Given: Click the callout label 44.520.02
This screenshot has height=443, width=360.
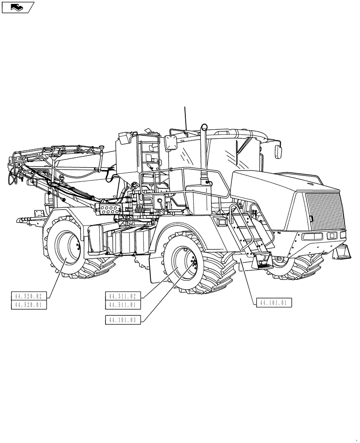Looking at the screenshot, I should (29, 296).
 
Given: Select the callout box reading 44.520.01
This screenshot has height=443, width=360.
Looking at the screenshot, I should (29, 305).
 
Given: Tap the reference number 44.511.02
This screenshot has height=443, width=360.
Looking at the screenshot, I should (123, 296).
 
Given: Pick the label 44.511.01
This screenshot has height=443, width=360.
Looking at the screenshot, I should (123, 305).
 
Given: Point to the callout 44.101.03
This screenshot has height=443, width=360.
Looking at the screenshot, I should (123, 319).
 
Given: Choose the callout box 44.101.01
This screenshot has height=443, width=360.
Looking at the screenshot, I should (274, 303).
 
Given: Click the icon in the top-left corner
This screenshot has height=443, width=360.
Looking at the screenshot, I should (17, 7).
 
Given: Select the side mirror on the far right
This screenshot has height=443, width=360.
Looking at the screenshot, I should (279, 150).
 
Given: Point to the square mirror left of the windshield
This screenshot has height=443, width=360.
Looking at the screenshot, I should (171, 143).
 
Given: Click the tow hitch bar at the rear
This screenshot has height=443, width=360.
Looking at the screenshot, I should (29, 219).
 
